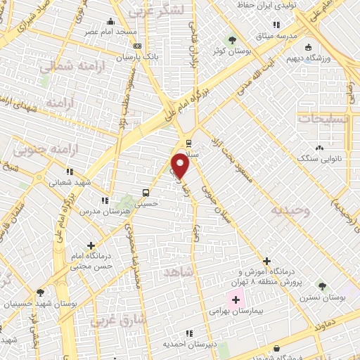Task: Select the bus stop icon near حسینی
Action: (146, 192)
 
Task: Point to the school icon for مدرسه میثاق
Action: (300, 33)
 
